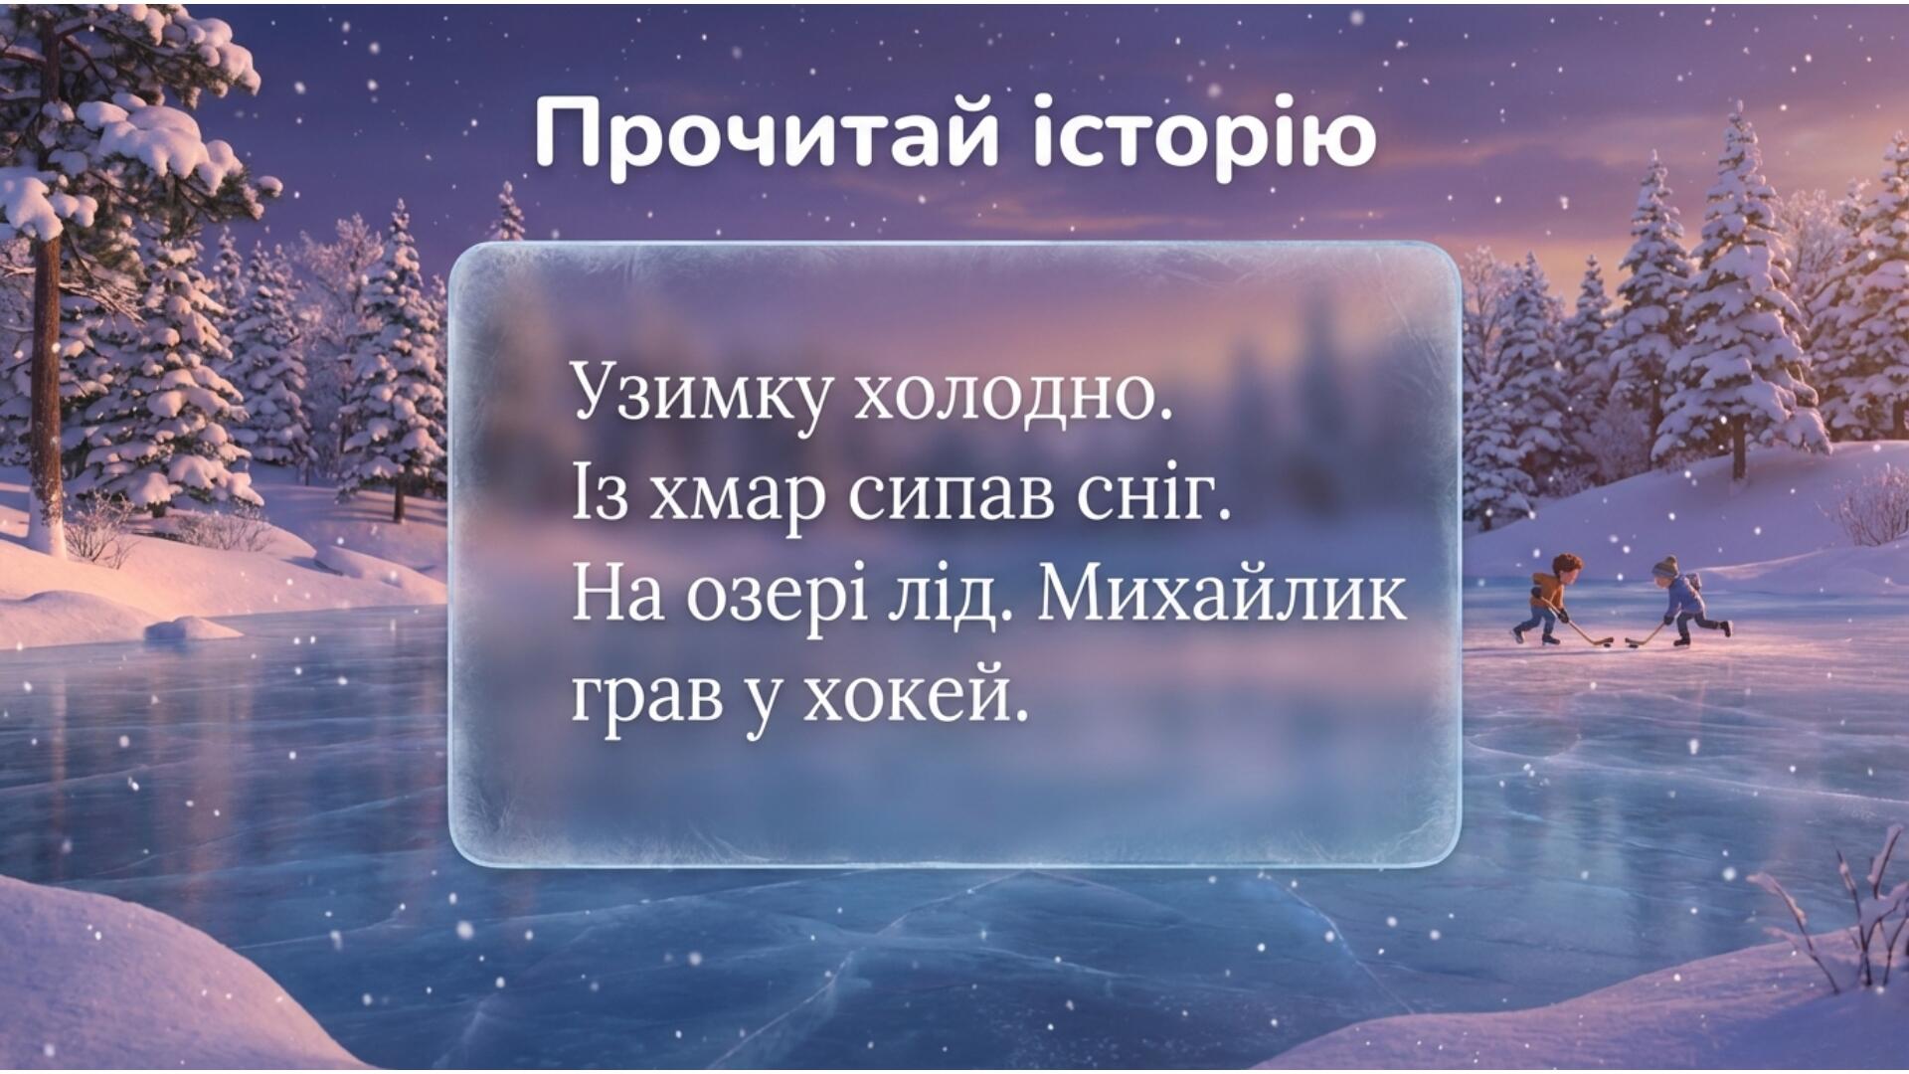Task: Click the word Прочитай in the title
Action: tap(766, 133)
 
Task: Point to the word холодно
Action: tap(1015, 395)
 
